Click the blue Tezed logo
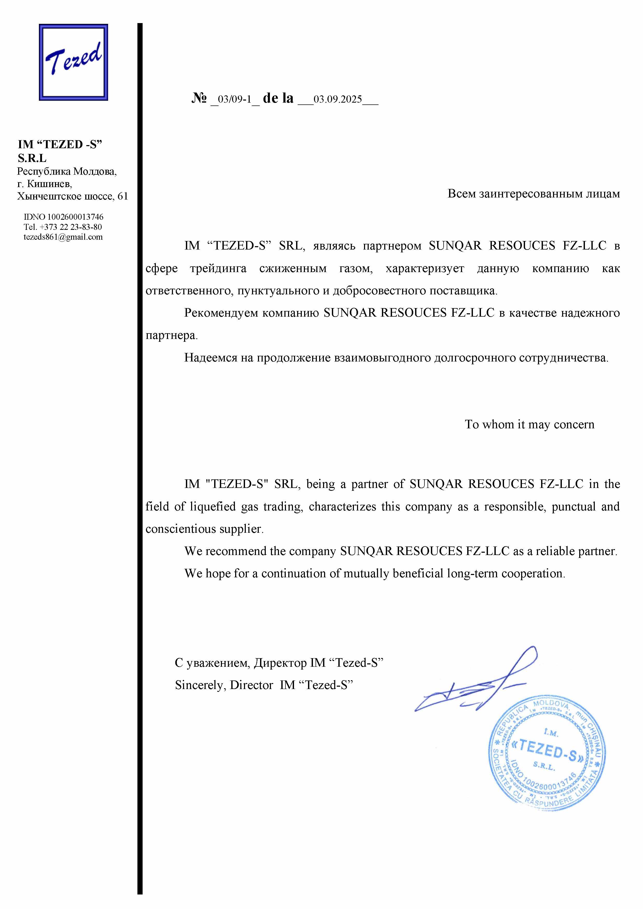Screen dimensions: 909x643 [73, 62]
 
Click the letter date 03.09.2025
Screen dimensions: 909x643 [338, 99]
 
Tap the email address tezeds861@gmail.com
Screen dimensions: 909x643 [63, 237]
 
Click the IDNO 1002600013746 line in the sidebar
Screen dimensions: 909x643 [63, 217]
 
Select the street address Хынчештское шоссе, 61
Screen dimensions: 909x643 [73, 196]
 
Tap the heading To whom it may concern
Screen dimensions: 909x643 [529, 424]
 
